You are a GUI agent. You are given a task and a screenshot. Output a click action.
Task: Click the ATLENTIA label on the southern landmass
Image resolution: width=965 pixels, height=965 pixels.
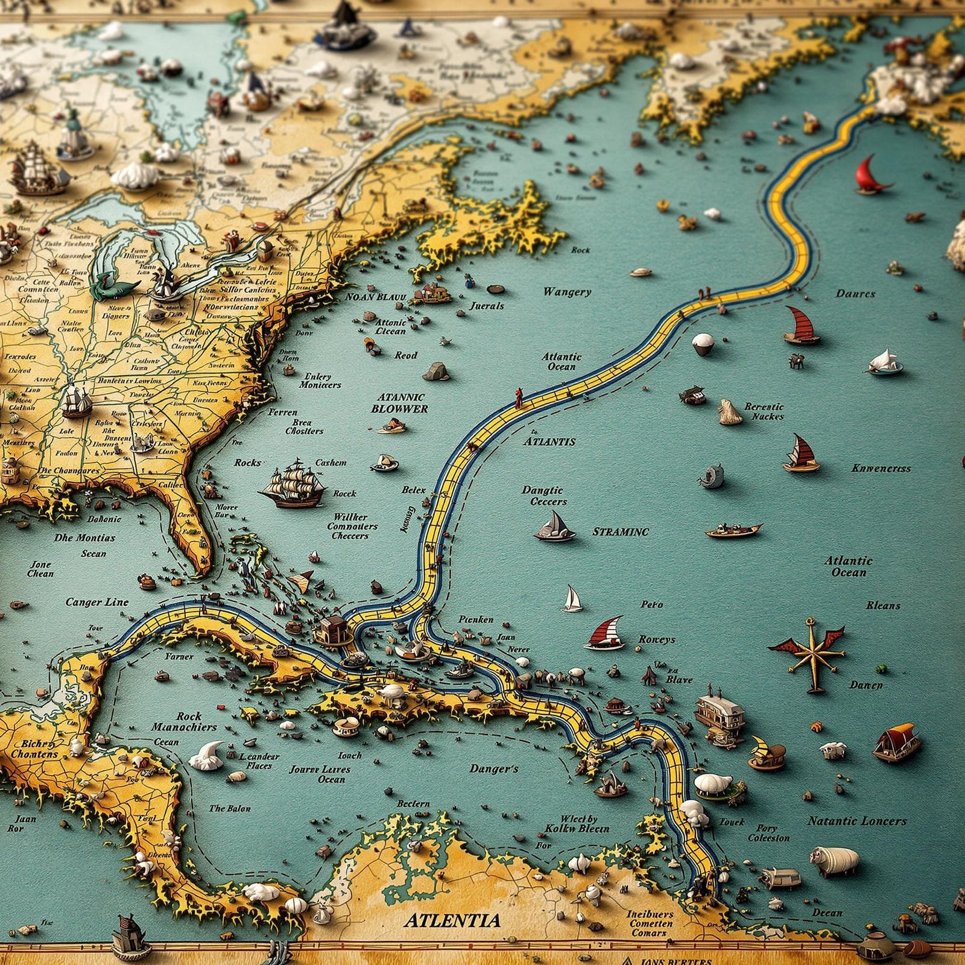click(452, 920)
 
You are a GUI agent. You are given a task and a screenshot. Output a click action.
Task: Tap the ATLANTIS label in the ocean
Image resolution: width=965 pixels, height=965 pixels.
click(549, 441)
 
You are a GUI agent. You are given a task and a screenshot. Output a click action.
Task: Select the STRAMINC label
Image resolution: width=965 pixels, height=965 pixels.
click(620, 532)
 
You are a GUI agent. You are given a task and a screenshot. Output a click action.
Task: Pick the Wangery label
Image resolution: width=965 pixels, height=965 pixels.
click(567, 292)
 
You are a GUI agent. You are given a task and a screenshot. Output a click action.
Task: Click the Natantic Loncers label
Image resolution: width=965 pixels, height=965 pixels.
click(857, 821)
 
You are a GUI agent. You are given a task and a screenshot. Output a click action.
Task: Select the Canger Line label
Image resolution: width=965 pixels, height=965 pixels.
click(96, 602)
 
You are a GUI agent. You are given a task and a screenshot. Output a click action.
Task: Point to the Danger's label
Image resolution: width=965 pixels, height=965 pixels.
click(494, 769)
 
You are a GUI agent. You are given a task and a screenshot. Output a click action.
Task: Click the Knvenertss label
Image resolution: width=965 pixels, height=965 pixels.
click(881, 468)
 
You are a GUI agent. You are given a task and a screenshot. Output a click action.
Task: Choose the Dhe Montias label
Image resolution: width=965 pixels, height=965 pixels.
click(84, 537)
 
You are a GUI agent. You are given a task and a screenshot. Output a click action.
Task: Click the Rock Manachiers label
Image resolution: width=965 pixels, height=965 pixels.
click(184, 721)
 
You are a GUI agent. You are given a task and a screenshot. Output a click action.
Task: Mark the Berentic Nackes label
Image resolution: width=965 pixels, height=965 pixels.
click(764, 411)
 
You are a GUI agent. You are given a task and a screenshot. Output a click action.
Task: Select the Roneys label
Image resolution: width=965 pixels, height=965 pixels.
click(657, 639)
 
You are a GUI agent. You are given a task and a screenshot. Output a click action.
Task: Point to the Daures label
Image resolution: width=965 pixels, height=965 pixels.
click(855, 294)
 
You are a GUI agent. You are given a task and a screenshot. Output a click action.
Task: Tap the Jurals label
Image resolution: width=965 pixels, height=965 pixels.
click(487, 306)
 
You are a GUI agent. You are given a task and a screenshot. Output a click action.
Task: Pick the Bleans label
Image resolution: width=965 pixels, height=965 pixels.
click(883, 605)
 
